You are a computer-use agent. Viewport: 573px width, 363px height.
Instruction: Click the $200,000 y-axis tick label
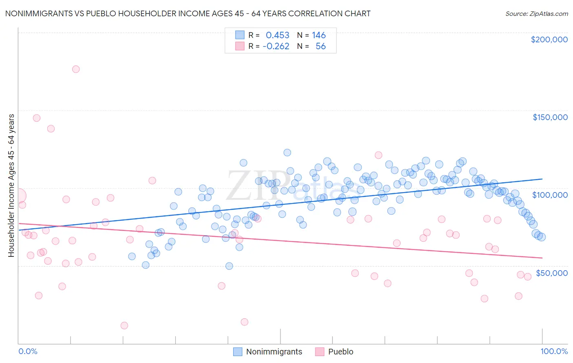click(549, 39)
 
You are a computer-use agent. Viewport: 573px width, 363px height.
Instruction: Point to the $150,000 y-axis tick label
click(550, 117)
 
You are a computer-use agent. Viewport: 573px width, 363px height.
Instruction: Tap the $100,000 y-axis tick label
click(550, 195)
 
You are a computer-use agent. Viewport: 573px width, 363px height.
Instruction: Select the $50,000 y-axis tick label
click(551, 273)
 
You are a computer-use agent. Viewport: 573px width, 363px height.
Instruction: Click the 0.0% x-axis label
click(28, 351)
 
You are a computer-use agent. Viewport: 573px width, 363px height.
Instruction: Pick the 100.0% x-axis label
click(554, 351)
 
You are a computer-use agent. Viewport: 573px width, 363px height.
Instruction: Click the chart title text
click(187, 13)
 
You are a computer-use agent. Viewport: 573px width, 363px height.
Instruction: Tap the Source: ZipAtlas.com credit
click(536, 13)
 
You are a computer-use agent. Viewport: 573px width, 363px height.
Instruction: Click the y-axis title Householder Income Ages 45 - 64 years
click(11, 186)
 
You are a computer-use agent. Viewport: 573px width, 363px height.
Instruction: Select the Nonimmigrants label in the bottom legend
click(274, 352)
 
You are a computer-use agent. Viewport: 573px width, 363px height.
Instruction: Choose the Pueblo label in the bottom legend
click(341, 352)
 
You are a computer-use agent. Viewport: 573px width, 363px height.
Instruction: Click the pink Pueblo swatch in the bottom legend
click(320, 352)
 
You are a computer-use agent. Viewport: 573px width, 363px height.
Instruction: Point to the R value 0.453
click(278, 35)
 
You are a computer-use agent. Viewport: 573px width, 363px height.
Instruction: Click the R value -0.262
click(276, 46)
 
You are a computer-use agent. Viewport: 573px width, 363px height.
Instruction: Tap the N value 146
click(319, 35)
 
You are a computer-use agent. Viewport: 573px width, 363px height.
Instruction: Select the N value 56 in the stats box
click(321, 46)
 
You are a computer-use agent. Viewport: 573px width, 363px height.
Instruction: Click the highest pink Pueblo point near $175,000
click(76, 69)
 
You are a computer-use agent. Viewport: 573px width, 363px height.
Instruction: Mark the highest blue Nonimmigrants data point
click(287, 153)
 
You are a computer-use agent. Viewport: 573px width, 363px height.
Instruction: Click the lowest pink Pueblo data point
click(124, 326)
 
